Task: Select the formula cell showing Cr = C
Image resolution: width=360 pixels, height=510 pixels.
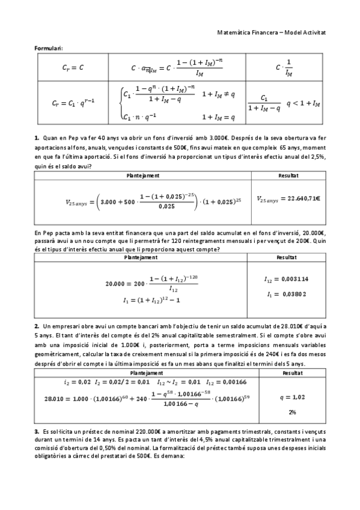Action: [x=73, y=68]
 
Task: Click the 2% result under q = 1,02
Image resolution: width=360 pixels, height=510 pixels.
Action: [x=292, y=413]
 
